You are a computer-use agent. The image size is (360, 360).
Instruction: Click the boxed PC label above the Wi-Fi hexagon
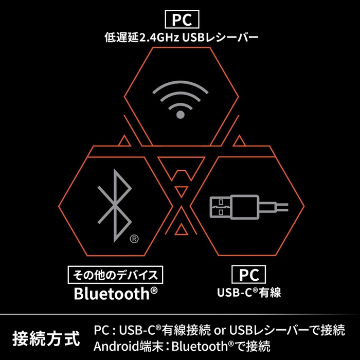tap(182, 20)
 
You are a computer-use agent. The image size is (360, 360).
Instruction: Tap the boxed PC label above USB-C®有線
tap(249, 274)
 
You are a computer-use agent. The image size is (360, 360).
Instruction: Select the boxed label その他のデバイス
tap(116, 275)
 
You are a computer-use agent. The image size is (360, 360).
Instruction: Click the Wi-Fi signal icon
tap(181, 99)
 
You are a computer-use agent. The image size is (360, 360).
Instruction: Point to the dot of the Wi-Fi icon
tap(181, 115)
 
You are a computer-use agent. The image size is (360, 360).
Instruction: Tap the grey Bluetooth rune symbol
tap(115, 206)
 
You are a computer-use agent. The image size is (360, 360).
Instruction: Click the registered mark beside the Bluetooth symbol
tap(134, 239)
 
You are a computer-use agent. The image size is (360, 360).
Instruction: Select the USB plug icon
tap(249, 207)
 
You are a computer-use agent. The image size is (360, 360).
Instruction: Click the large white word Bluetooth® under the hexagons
tap(116, 294)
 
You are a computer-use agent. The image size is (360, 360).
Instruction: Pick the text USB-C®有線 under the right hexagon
tap(249, 293)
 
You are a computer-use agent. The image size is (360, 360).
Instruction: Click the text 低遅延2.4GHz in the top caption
tap(142, 37)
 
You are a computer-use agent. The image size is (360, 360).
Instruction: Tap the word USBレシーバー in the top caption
tap(221, 37)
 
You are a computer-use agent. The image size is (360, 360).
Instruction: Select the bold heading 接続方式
tap(46, 338)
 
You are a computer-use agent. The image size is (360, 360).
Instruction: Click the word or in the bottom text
tap(220, 331)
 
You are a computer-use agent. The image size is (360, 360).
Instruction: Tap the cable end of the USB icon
tap(283, 207)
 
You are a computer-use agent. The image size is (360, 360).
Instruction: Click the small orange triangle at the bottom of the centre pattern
tap(182, 229)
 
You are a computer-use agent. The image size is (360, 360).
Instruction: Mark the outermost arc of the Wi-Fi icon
tap(181, 83)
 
